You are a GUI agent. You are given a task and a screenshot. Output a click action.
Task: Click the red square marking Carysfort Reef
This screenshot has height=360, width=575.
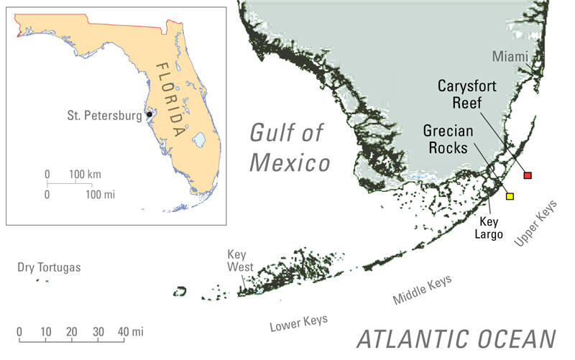pyautogui.click(x=528, y=175)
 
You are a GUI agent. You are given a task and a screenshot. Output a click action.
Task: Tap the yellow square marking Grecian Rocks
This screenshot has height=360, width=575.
pyautogui.click(x=510, y=196)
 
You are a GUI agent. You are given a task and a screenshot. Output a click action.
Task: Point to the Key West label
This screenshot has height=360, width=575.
pyautogui.click(x=237, y=261)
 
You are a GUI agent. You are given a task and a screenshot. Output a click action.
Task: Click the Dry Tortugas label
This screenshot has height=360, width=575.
pyautogui.click(x=50, y=268)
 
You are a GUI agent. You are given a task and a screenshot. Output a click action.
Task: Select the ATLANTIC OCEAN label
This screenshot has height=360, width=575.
pyautogui.click(x=456, y=339)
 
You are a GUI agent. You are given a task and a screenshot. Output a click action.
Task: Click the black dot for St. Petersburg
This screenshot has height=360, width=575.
pyautogui.click(x=149, y=114)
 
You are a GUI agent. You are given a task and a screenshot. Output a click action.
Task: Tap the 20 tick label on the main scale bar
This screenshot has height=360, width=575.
pyautogui.click(x=71, y=331)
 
